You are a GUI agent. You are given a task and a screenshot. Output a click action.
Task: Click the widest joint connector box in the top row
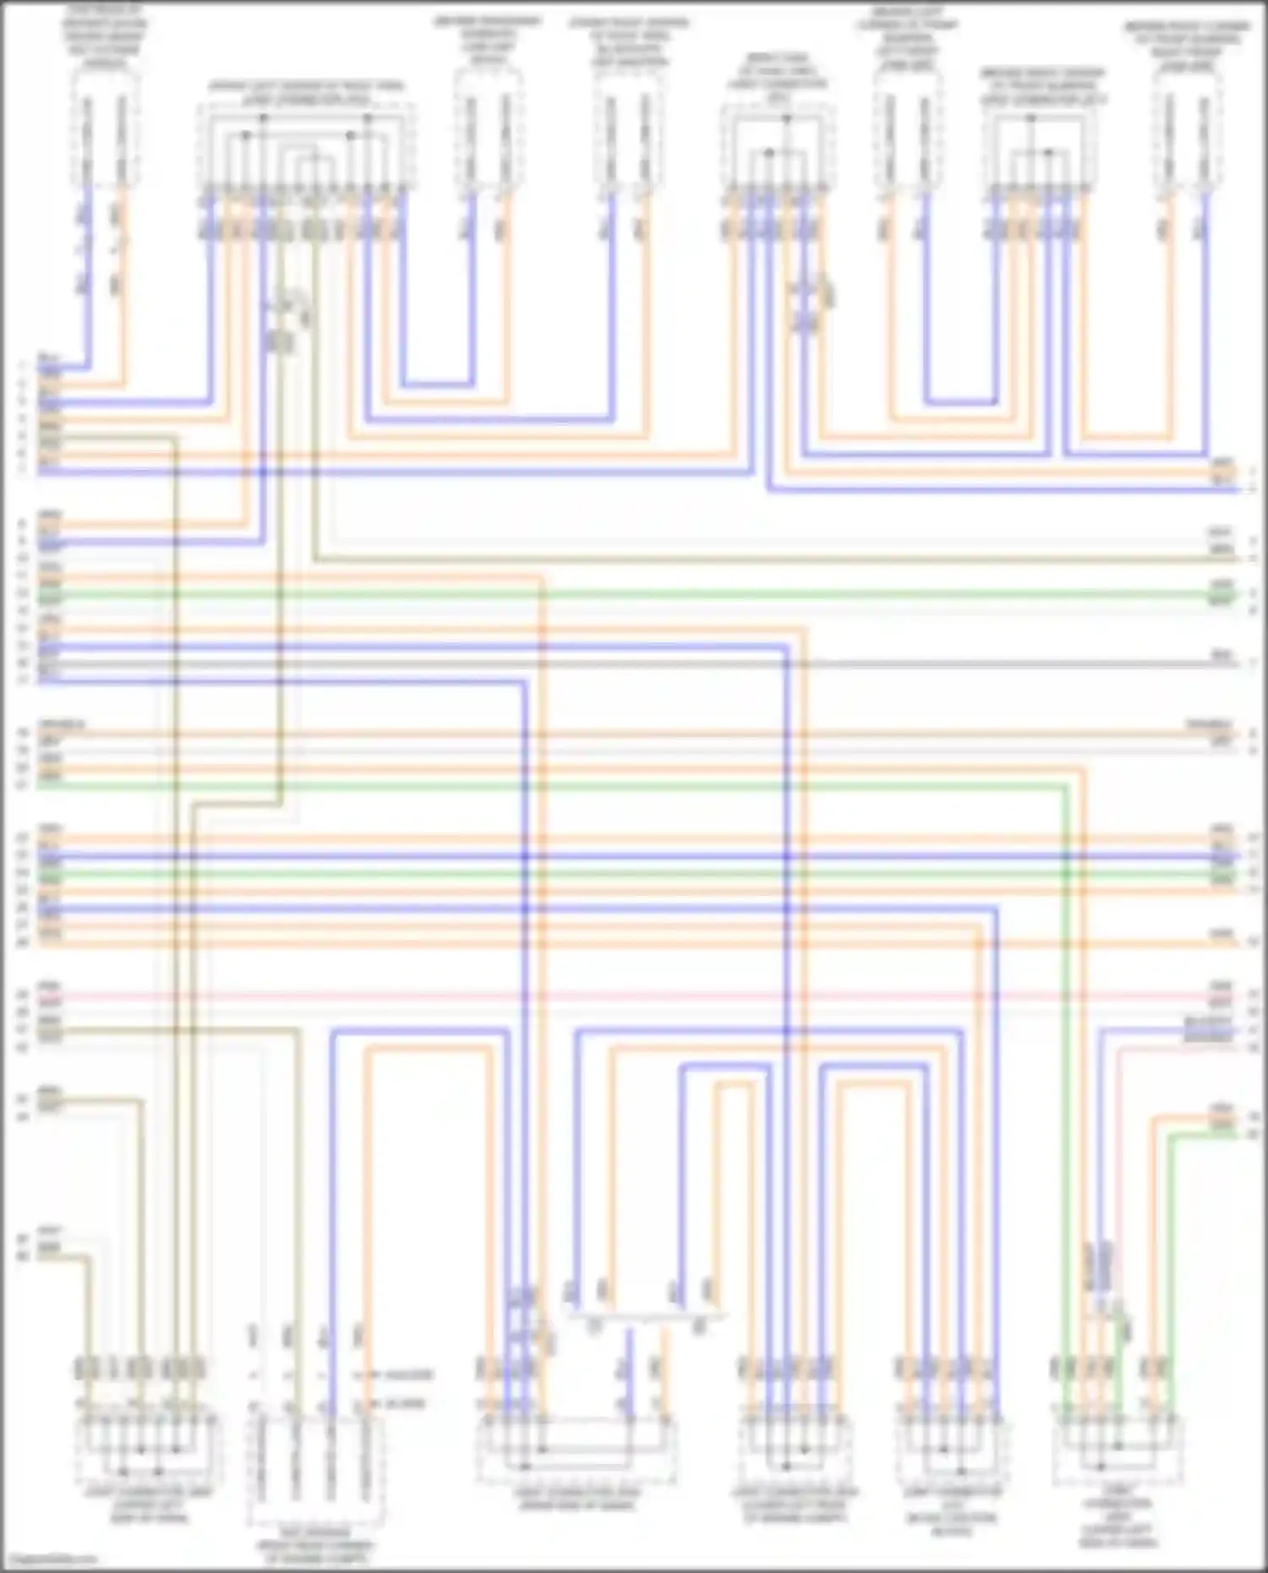306,148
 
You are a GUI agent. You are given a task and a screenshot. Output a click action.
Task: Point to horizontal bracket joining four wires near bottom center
647,1316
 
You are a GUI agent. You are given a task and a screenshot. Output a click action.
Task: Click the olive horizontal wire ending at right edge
761,560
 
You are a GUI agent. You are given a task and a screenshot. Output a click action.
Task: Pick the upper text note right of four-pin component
403,1375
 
